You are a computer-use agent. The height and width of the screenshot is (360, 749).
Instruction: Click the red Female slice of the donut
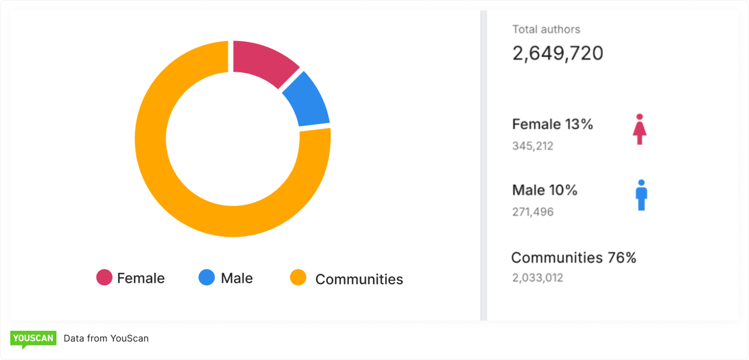pos(262,62)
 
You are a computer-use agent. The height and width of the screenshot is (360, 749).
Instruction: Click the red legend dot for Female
pos(104,277)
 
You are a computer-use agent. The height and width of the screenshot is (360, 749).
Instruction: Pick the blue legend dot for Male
pos(207,277)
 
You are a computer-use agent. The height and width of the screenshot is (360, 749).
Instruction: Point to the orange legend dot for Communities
pos(298,277)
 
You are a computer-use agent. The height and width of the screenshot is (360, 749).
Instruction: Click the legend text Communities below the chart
pos(359,279)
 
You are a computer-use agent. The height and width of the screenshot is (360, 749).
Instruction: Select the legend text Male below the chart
pos(236,278)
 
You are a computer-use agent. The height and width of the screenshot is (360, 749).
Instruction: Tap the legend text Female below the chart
pos(140,278)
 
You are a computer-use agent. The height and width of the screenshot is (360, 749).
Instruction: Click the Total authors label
pos(546,29)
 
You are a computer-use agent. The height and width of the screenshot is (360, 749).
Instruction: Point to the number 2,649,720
pos(558,53)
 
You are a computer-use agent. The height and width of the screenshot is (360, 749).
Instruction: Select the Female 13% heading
pos(552,124)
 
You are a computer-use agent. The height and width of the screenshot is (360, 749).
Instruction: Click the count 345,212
pos(532,146)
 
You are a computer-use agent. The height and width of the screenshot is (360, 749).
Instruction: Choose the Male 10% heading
pos(544,190)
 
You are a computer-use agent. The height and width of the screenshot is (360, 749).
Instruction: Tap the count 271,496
pos(532,212)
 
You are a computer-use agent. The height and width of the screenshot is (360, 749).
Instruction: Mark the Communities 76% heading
pos(573,258)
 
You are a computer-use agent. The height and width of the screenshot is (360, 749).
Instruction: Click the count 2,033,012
pos(537,278)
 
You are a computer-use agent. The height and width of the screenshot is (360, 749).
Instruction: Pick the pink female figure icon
pos(640,129)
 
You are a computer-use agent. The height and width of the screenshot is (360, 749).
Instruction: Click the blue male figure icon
pos(641,195)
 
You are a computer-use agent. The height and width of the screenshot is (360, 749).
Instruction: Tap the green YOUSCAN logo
pos(33,338)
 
